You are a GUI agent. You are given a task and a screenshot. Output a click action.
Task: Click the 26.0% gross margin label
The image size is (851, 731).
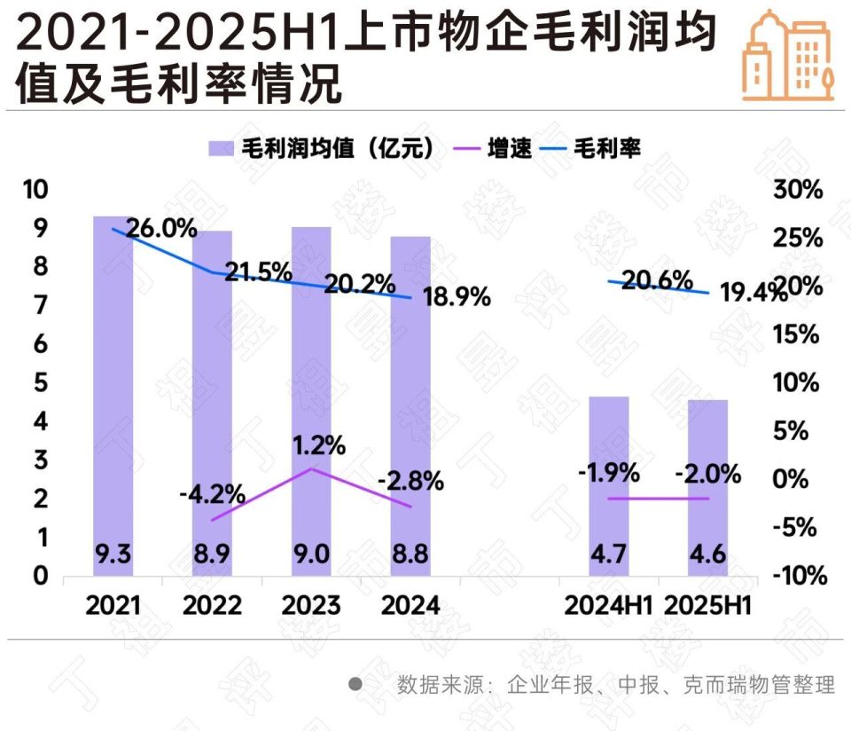(x=160, y=229)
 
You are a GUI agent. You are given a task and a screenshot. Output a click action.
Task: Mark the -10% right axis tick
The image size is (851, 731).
(x=800, y=576)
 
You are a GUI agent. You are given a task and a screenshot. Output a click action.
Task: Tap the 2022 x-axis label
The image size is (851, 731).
(x=212, y=606)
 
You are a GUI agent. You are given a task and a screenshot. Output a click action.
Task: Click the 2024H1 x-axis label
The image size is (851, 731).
(x=607, y=606)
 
